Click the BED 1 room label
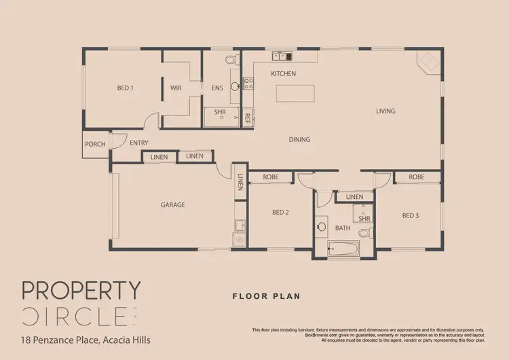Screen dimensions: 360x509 point(125,88)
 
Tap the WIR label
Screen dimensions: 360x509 point(176,88)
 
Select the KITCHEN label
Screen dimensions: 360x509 point(283,73)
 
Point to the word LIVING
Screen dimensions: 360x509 point(386,111)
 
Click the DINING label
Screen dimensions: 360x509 point(299,140)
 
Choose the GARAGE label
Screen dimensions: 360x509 point(173,204)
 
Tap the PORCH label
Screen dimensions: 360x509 point(95,144)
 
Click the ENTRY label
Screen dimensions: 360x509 point(139,143)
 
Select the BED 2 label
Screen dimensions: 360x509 point(281,213)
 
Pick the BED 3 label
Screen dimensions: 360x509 point(410,215)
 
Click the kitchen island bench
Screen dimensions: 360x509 point(295,92)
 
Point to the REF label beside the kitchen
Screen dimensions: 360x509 point(248,118)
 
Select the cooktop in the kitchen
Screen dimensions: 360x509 point(248,84)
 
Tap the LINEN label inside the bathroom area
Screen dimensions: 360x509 point(354,197)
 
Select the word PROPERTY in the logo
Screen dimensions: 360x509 point(81,291)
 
